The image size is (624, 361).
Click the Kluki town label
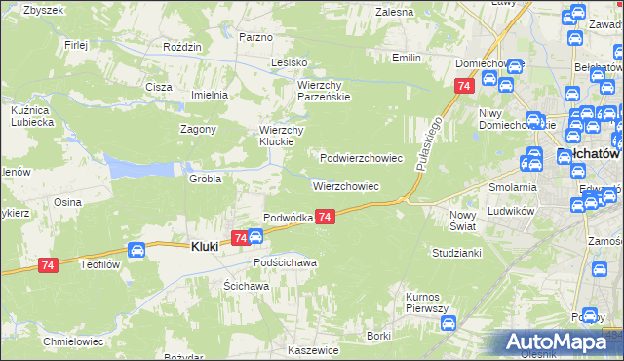[x=196, y=248]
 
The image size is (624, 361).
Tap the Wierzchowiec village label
[x=345, y=185]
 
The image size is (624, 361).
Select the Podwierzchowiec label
[x=362, y=157]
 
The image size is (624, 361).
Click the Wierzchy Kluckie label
[x=283, y=136]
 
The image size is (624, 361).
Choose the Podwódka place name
[x=288, y=218]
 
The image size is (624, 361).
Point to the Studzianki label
[x=457, y=253]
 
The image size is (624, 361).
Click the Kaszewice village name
[x=313, y=349]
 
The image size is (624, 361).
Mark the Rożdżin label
[x=182, y=47]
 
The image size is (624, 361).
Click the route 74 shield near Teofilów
[x=48, y=264]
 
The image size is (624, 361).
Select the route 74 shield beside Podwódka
[x=326, y=217]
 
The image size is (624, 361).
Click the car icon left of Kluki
[x=137, y=250]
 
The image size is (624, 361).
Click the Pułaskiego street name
[x=429, y=142]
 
